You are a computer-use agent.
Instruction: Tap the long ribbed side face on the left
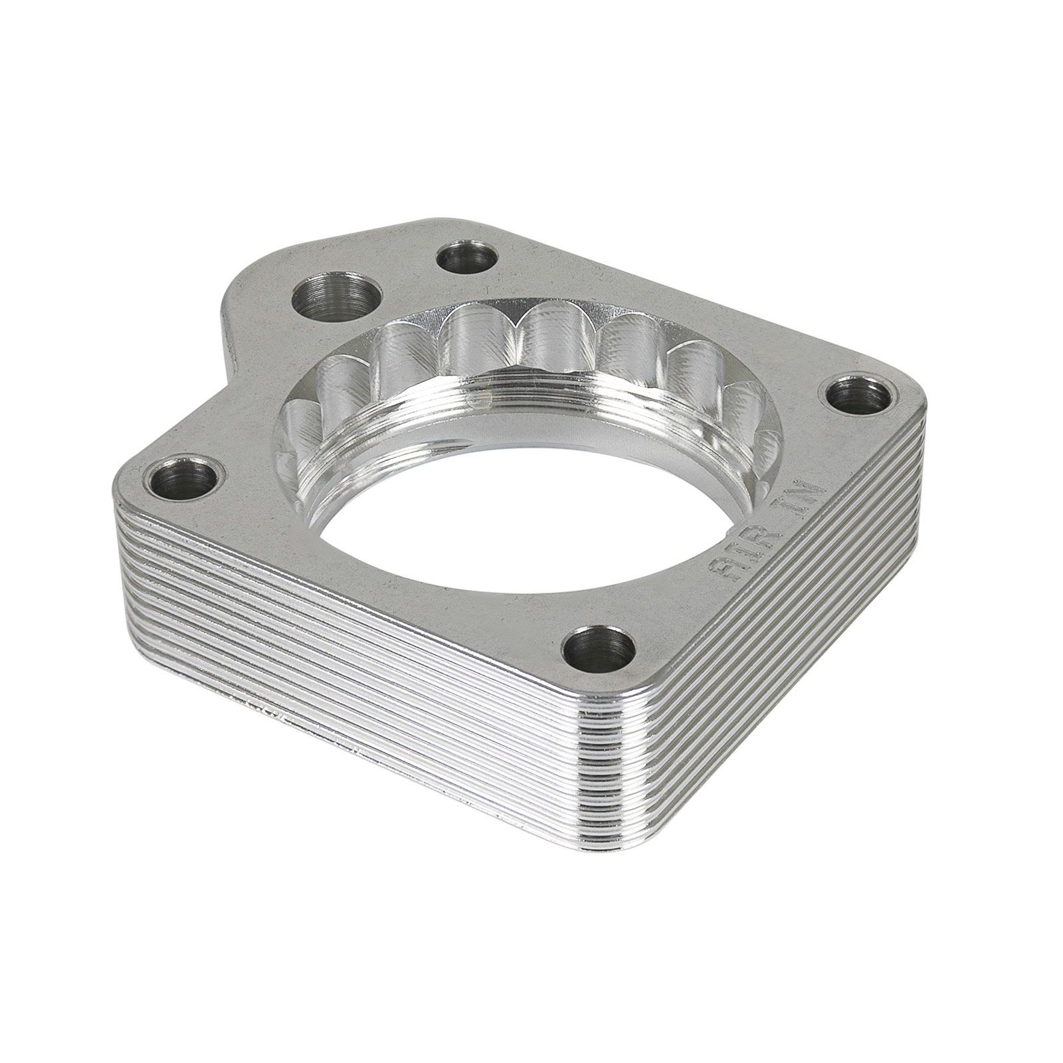(332, 664)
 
